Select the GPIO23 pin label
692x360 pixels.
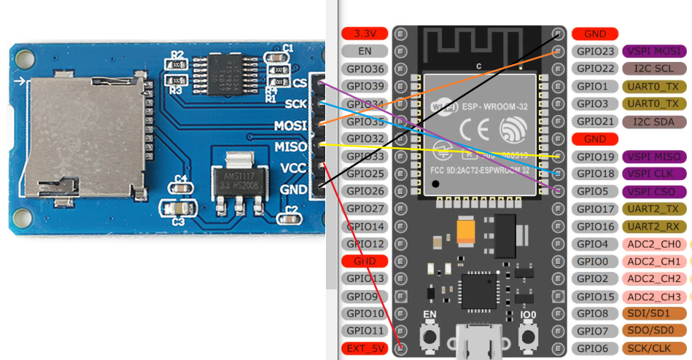(595, 51)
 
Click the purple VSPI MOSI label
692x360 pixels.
(654, 51)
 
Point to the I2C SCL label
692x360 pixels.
(653, 69)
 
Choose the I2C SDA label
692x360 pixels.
(653, 121)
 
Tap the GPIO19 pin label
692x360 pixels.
(595, 156)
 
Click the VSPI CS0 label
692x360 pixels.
(653, 191)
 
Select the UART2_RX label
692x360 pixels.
(653, 226)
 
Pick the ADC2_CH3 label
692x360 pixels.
(653, 296)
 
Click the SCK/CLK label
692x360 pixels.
(653, 348)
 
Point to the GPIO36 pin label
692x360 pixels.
(365, 69)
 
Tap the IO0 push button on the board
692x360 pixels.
(529, 337)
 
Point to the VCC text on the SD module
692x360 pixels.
(294, 168)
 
